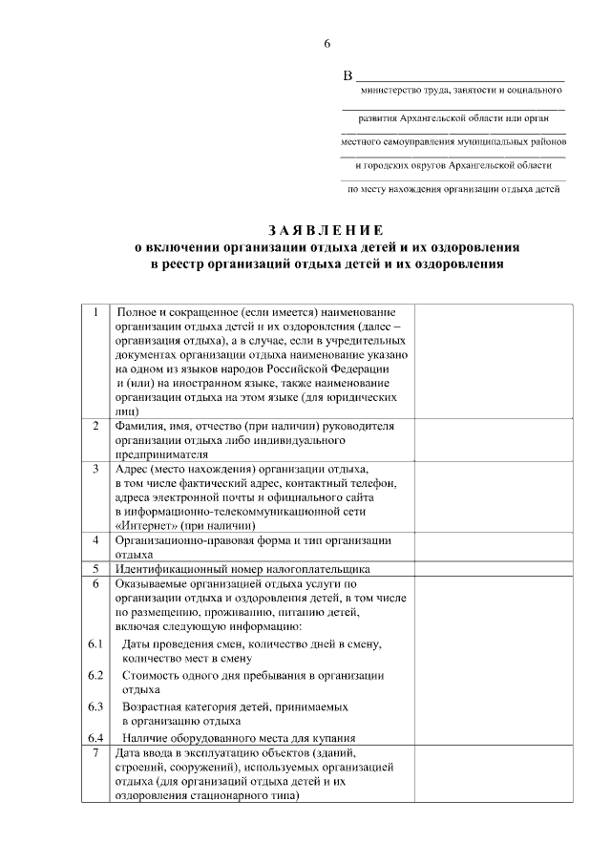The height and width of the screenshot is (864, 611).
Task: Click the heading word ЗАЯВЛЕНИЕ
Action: [x=327, y=230]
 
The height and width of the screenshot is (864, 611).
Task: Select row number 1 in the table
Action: [x=95, y=313]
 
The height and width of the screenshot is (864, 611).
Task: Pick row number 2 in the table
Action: [x=95, y=425]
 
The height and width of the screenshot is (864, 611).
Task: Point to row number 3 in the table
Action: [x=95, y=470]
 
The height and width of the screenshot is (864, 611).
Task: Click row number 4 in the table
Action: [x=95, y=540]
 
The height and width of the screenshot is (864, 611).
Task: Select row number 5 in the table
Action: [x=95, y=569]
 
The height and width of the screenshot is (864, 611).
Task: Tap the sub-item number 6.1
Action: [x=95, y=645]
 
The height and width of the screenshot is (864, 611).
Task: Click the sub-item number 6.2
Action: [x=95, y=675]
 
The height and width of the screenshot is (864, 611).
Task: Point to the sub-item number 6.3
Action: [x=95, y=707]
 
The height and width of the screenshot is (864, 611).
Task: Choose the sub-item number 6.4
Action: [x=95, y=738]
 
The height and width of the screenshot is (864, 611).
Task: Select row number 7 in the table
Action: [x=95, y=753]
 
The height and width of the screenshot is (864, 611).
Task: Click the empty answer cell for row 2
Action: [x=493, y=439]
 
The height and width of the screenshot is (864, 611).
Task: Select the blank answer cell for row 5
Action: [x=493, y=569]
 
